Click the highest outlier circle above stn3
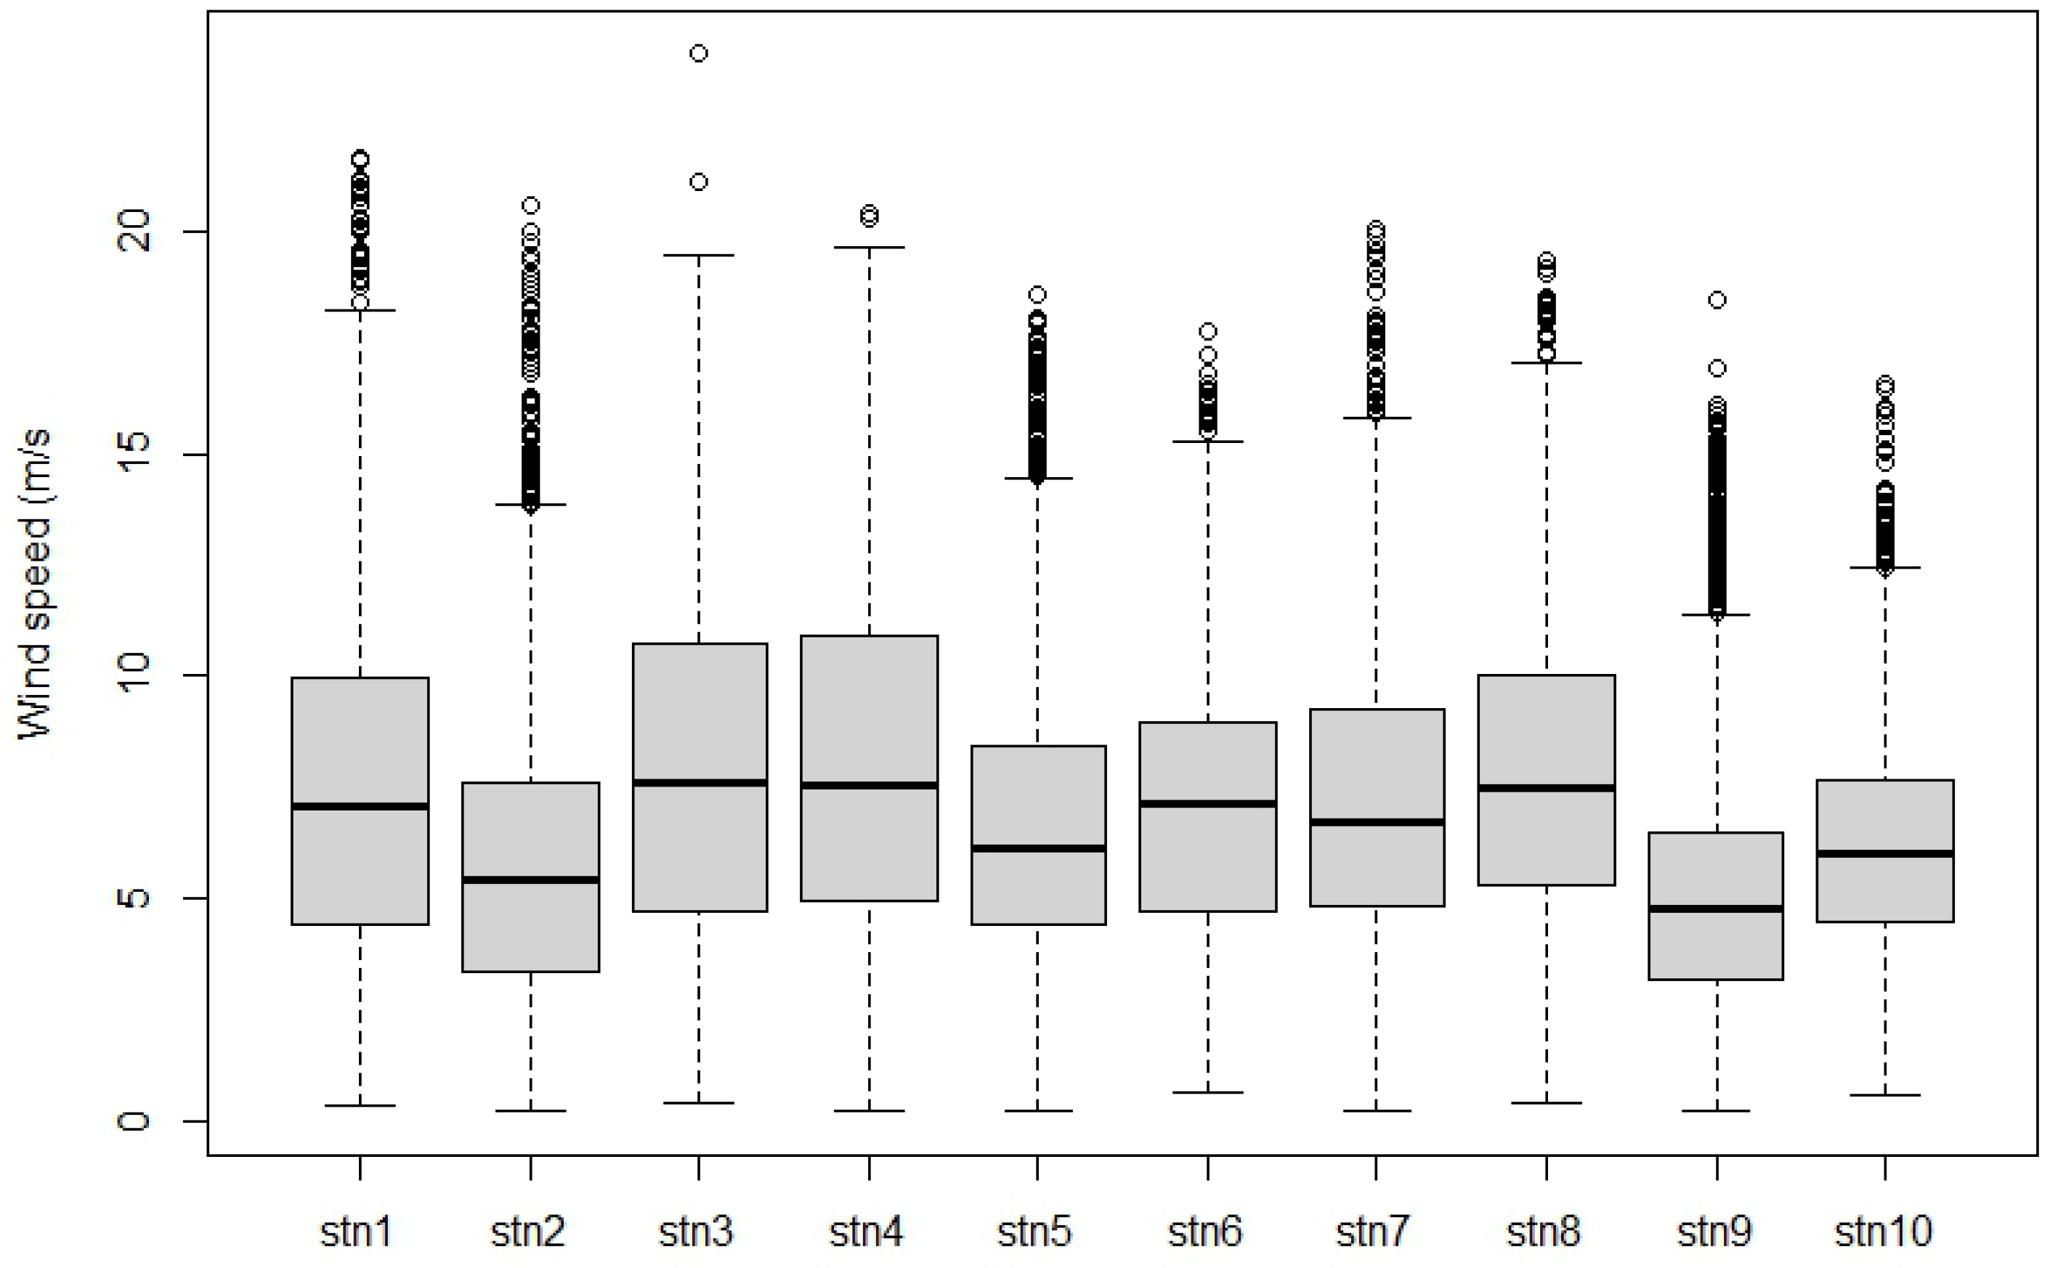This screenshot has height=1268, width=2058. [699, 54]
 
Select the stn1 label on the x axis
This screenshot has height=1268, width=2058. [357, 1232]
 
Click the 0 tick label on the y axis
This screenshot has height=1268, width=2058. [134, 1121]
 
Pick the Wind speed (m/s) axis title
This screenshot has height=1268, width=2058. [35, 584]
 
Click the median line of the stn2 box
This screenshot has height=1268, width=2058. [531, 879]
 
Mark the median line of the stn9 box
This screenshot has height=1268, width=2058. [1716, 909]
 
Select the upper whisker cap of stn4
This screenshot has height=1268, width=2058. [869, 248]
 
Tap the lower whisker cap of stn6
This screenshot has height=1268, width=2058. [1207, 1092]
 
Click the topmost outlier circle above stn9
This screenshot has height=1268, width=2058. [1717, 299]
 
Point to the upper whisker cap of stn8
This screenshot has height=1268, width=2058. [1547, 363]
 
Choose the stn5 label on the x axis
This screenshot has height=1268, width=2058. [1034, 1232]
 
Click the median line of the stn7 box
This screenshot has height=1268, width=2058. [1376, 822]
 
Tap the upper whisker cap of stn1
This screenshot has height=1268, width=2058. [360, 310]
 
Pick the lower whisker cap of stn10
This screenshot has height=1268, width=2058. [1885, 1094]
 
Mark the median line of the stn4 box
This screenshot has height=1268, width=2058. [869, 786]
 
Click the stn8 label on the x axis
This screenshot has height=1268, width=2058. [1544, 1232]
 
